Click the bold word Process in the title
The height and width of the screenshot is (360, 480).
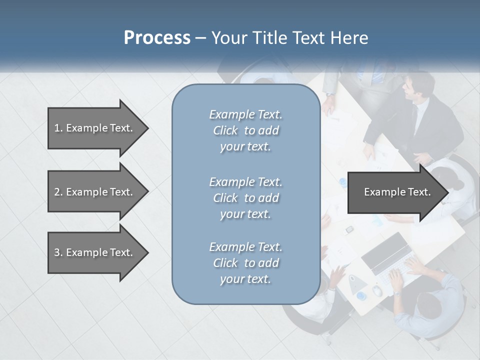click(x=157, y=38)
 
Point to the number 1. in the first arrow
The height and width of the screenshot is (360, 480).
click(x=58, y=128)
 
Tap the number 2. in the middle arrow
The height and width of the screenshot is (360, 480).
click(x=58, y=192)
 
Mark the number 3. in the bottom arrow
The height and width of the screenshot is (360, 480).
click(x=58, y=252)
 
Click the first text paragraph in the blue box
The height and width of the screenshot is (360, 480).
click(x=245, y=130)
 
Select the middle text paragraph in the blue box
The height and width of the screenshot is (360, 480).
click(x=245, y=197)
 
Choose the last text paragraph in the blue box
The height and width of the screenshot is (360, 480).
click(x=245, y=263)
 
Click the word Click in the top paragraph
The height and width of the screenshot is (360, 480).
click(x=225, y=130)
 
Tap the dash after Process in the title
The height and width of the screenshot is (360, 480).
click(x=201, y=38)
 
